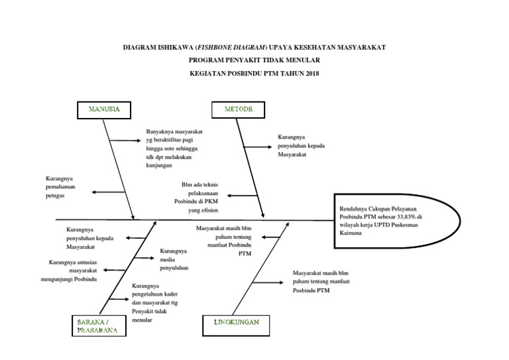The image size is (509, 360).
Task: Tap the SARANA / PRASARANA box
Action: coord(96,325)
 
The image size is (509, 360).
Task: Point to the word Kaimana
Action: coord(352,234)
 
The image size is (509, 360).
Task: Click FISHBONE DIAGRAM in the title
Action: coord(233,48)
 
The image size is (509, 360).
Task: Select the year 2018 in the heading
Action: coord(310,73)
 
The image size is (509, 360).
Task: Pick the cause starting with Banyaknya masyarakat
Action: coord(174,149)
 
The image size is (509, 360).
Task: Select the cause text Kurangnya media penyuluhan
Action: coord(174,260)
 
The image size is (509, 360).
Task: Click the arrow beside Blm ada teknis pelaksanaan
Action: coord(241,195)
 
